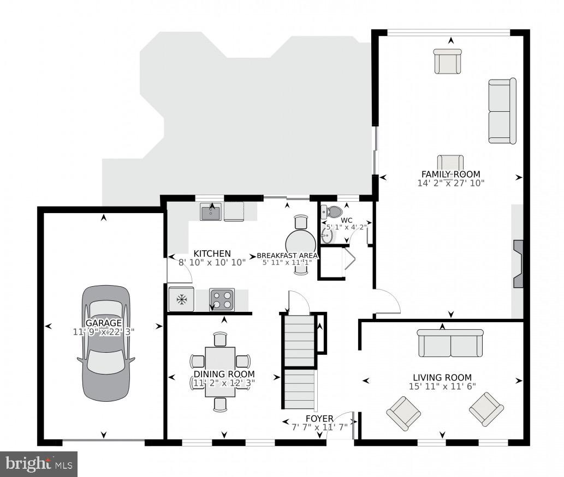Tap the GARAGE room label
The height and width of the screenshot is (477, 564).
(104, 323)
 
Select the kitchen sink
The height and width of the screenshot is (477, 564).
(210, 212)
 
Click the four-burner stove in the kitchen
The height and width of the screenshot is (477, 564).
(222, 299)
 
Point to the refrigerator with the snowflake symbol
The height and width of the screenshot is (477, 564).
(181, 299)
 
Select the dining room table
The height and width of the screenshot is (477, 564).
(220, 372)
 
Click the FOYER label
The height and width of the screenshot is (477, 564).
(319, 418)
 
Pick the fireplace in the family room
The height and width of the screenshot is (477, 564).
(518, 263)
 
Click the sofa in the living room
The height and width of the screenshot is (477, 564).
(450, 343)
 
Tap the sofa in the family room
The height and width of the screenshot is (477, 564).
(502, 111)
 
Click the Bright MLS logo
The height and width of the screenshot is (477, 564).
(39, 464)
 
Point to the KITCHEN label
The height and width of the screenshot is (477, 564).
(212, 253)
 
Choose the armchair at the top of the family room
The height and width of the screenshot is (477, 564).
(448, 61)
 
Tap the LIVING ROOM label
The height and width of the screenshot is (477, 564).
(442, 377)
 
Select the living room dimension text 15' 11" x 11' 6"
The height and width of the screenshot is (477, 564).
(442, 387)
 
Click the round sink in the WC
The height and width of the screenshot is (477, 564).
(327, 236)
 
